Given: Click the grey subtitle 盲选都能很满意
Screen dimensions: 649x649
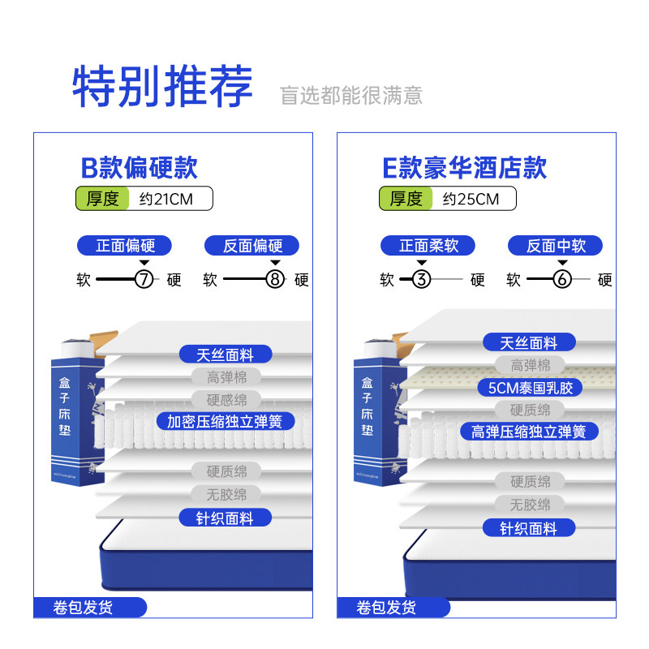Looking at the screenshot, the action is coord(351,96).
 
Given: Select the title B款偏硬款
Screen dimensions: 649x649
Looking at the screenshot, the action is coord(139,168).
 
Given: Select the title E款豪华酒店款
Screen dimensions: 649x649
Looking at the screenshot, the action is coord(464,168).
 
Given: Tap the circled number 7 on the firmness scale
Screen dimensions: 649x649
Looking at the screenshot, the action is coord(144,281).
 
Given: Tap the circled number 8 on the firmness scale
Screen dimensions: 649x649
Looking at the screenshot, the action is coord(275,281).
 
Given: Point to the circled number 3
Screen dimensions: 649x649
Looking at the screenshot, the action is coord(421,281).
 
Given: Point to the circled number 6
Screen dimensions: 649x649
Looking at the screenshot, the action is coord(562,281).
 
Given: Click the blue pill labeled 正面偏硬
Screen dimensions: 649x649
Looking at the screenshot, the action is coord(126,245).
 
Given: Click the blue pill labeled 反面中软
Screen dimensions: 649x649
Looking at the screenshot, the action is coord(556,245).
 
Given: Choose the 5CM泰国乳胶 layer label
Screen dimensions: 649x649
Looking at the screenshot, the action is coord(530,388).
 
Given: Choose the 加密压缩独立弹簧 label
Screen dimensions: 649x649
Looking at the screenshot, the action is coord(225,422).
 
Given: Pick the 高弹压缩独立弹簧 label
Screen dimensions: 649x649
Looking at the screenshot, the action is coord(528,432).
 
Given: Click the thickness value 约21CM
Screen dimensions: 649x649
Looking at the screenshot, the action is coord(166,199).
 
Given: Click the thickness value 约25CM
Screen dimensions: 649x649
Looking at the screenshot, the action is coord(471,199).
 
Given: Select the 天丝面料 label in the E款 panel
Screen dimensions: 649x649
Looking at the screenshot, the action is coord(529,342).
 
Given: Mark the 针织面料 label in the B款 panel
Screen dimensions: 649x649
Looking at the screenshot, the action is coord(225,518).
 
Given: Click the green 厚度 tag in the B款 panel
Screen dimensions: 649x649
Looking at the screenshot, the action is coord(103,199).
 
